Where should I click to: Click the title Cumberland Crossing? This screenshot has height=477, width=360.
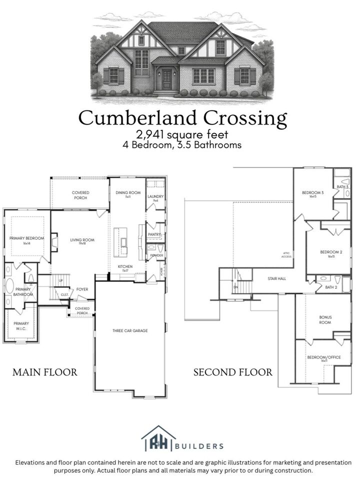[x=183, y=118]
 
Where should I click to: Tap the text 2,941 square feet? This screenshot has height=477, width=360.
[x=183, y=134]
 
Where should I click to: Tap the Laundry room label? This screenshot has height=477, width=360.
[x=155, y=197]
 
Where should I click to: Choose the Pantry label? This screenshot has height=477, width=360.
[x=154, y=234]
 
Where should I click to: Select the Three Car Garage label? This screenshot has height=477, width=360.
[x=129, y=330]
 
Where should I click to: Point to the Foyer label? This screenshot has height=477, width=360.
[x=82, y=289]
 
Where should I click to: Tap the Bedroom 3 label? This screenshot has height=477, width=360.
[x=313, y=193]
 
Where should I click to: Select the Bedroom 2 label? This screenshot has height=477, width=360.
[x=331, y=252]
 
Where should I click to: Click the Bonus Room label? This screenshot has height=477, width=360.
[x=326, y=320]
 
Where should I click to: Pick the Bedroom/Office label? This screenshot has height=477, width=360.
[x=324, y=357]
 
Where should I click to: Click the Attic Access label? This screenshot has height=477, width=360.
[x=286, y=254]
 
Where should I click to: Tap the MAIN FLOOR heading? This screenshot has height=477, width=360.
[x=45, y=372]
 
